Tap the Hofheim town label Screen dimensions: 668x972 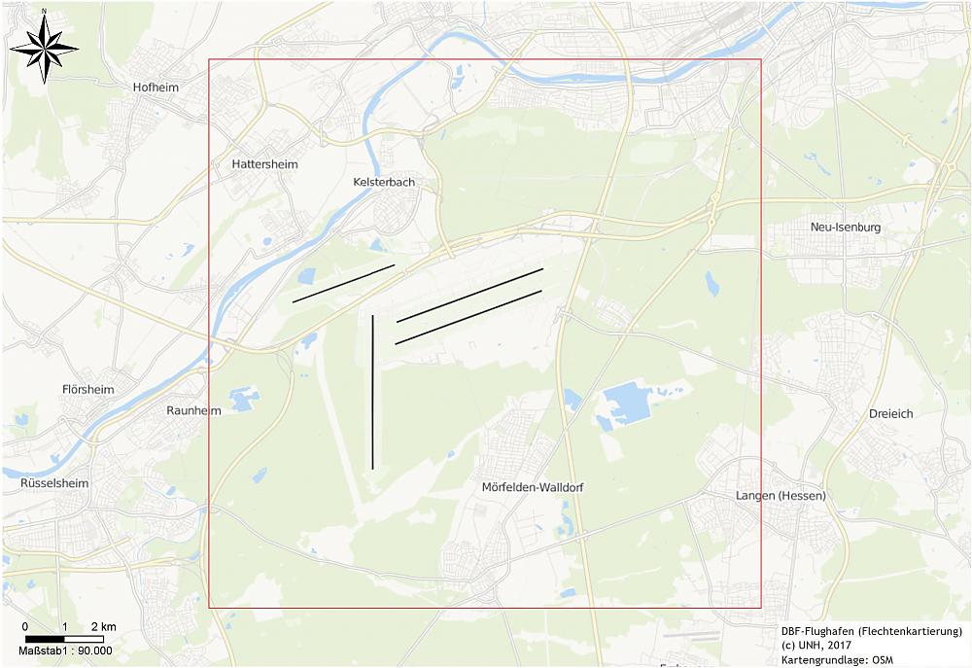(x=156, y=88)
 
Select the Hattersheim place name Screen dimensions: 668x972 (x=264, y=164)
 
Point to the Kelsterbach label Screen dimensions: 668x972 (x=383, y=182)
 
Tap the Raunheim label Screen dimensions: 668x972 (x=193, y=410)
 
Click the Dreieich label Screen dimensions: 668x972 (x=889, y=413)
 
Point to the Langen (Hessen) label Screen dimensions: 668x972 (x=781, y=496)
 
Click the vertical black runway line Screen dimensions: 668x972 (x=373, y=391)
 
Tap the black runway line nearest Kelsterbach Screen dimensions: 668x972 (x=343, y=283)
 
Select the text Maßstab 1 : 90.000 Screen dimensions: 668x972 (x=65, y=651)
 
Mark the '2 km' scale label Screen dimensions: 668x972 (x=103, y=625)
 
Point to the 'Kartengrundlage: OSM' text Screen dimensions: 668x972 (x=836, y=660)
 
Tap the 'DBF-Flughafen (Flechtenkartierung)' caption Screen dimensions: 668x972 (x=871, y=631)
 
